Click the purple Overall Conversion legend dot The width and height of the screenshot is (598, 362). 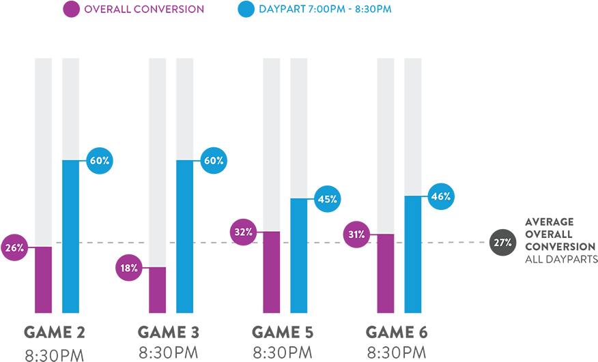[71, 10]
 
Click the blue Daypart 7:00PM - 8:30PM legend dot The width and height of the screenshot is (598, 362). [246, 10]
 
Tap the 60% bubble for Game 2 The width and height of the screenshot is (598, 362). [100, 161]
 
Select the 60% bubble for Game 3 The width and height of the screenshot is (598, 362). [214, 161]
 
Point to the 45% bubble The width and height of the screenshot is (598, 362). [328, 199]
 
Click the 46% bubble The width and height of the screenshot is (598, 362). [441, 196]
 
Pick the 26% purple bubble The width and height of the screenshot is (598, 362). [14, 247]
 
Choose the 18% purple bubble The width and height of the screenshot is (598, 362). [129, 268]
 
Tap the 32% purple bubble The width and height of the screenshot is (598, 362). [244, 232]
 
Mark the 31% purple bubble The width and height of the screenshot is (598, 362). [357, 235]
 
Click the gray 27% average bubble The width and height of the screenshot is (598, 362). [502, 243]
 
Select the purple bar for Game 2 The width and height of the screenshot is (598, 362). [44, 280]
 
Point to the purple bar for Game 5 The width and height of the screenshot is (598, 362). [272, 272]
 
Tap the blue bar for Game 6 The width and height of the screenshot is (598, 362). [413, 254]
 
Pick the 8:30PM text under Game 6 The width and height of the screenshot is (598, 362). [397, 353]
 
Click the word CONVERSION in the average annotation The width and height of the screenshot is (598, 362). [560, 246]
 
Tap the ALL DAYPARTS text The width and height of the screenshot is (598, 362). [561, 259]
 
